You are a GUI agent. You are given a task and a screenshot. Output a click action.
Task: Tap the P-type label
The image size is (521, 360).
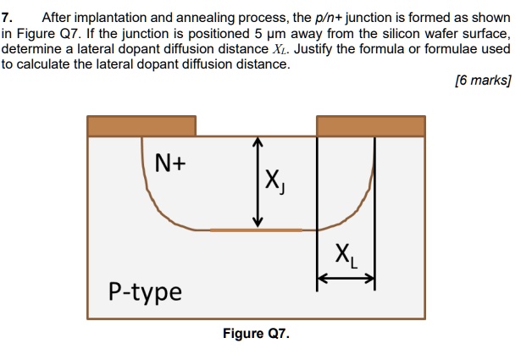coord(145,291)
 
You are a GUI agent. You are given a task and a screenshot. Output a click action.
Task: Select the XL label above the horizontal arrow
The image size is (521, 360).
coord(346,253)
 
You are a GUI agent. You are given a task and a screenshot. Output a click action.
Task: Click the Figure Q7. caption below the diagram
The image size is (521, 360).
coord(256,334)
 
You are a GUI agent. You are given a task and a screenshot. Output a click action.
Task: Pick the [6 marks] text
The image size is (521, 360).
coord(483,81)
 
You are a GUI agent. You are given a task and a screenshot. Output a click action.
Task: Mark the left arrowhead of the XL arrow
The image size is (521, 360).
coord(322,277)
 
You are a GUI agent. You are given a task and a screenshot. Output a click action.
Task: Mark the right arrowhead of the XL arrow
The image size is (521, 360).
coord(369,277)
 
